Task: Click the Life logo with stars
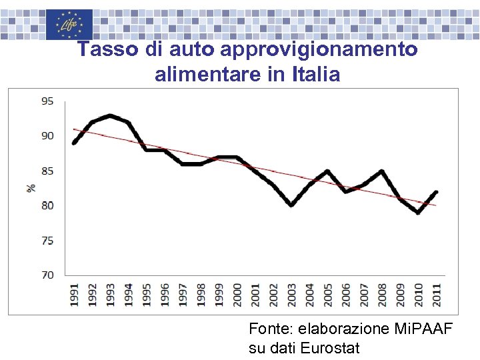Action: point(69,25)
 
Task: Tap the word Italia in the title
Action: point(316,75)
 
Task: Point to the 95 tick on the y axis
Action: point(48,101)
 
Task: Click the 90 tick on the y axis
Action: point(48,136)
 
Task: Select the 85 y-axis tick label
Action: point(48,171)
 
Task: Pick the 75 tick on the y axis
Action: point(48,240)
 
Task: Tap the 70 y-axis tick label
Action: point(48,275)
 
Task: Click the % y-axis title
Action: point(31,188)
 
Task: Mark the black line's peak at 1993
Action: point(110,115)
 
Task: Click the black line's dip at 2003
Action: point(291,205)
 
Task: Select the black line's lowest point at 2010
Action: point(418,213)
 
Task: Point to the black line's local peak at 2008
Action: point(381,171)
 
